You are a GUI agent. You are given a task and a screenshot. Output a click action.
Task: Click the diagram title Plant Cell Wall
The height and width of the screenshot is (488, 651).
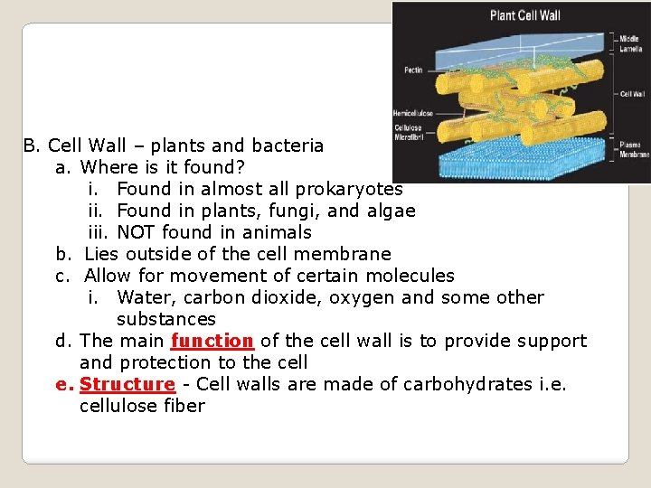coord(524,15)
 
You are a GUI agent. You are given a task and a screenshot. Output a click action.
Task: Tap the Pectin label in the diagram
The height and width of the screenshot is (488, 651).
coord(412,69)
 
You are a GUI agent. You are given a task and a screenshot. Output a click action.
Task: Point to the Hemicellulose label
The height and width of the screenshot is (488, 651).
coord(412,114)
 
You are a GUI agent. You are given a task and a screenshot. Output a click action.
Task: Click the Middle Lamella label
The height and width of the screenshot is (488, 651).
coord(630,43)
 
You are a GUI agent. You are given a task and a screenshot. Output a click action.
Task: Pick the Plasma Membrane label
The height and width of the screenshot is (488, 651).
coord(633,149)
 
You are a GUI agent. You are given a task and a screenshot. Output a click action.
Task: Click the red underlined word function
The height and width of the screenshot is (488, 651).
coord(212,341)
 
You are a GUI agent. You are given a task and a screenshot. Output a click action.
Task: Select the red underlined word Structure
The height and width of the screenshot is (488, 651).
coord(127,384)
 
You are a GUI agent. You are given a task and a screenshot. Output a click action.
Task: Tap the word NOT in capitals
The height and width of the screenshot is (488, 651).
coord(137,232)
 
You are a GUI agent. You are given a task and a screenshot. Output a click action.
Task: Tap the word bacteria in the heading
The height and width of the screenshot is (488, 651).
coord(288,145)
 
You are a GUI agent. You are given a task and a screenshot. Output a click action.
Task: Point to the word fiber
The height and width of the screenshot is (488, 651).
coord(184,406)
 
